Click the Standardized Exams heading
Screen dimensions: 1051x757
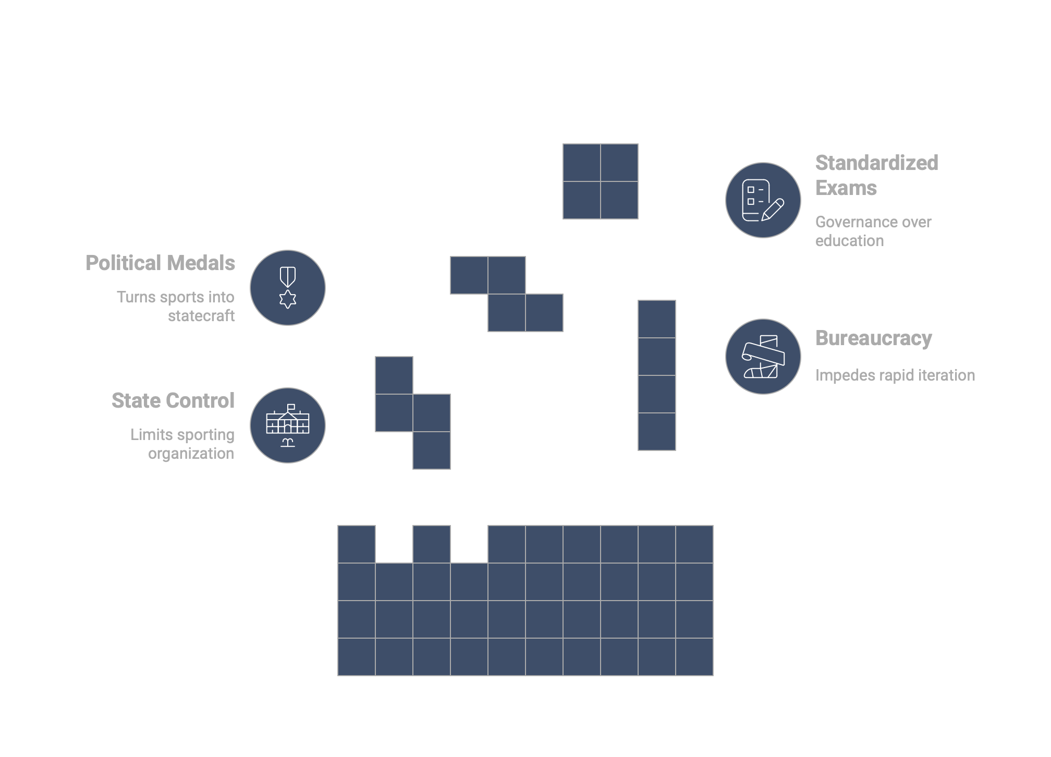point(876,175)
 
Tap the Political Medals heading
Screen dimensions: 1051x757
point(160,263)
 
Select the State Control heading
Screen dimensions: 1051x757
point(173,401)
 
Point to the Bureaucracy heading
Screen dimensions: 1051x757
point(873,338)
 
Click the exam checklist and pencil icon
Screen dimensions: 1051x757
point(763,200)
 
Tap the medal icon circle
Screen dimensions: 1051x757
point(288,288)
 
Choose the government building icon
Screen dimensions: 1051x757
point(288,425)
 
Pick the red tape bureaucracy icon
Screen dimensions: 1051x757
point(763,357)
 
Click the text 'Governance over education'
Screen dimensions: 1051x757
point(873,231)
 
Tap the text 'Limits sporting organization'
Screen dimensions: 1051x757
point(182,444)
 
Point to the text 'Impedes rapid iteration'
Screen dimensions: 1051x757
point(895,375)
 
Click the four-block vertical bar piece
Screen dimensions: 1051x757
point(657,375)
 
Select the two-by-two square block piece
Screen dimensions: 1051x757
point(601,181)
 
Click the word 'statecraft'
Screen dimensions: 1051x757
point(201,316)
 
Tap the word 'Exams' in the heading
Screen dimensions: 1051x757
point(846,188)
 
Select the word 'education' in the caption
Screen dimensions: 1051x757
point(849,241)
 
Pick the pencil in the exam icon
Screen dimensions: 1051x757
point(773,210)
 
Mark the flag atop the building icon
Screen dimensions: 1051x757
point(291,407)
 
